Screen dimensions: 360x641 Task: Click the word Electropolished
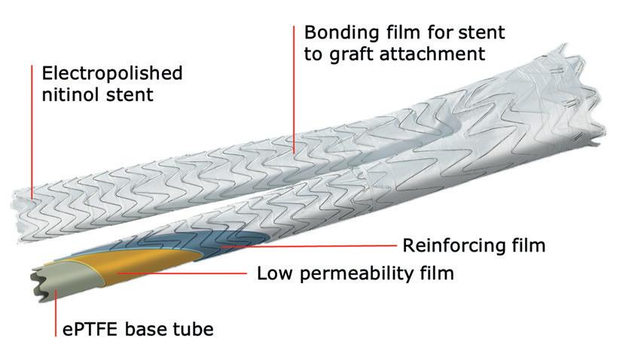click(112, 74)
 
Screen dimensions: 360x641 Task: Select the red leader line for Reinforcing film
click(316, 246)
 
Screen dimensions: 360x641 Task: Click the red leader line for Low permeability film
click(188, 273)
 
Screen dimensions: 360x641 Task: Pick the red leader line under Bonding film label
click(294, 90)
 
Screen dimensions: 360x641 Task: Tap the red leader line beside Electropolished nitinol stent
click(32, 128)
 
